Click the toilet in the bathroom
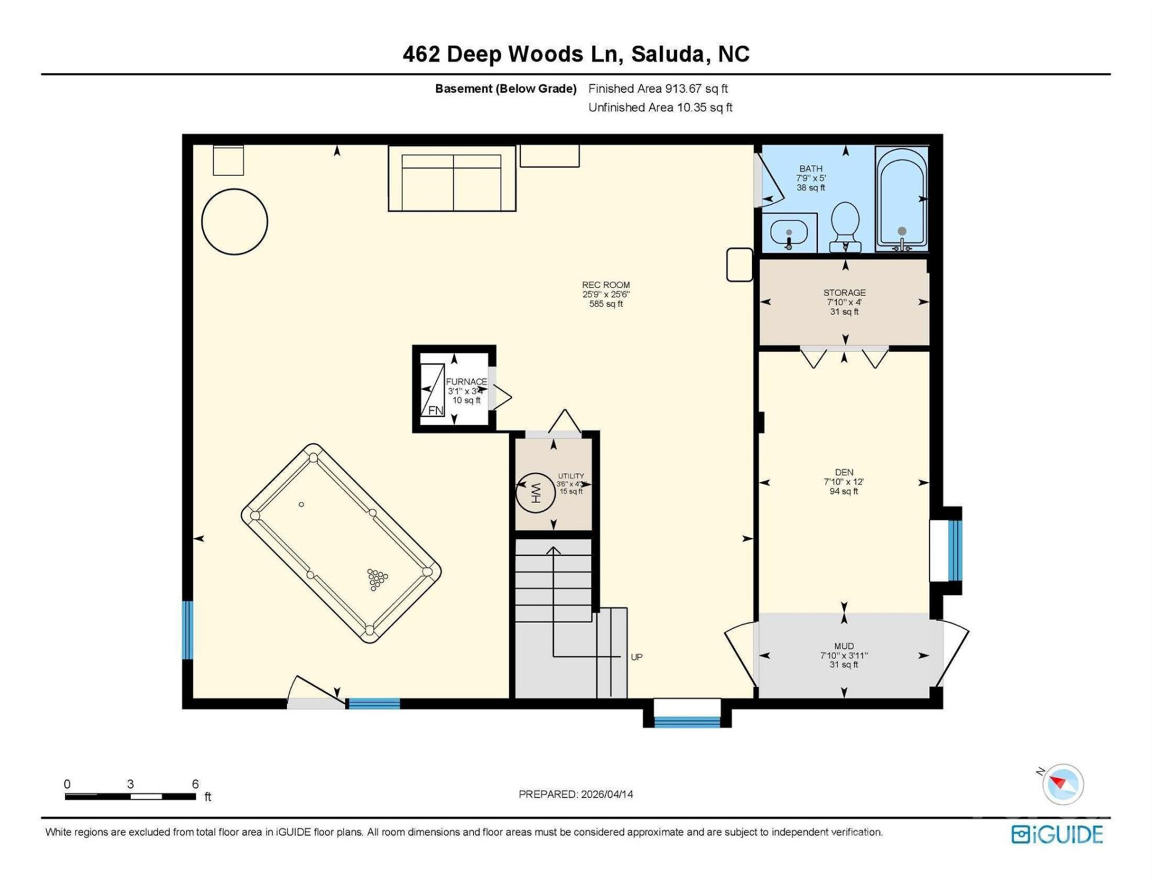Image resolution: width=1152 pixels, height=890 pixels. [845, 226]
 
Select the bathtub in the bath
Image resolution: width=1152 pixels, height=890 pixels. [902, 198]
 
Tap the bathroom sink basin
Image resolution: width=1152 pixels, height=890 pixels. [789, 233]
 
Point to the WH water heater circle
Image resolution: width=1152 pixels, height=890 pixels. [535, 493]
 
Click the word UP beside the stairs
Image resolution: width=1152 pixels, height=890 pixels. [637, 657]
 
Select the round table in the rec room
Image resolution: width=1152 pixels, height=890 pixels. [234, 221]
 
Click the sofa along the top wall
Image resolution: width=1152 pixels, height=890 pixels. [452, 179]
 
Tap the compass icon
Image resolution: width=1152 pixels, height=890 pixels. [1063, 784]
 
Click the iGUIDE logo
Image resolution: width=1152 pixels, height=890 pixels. [1057, 834]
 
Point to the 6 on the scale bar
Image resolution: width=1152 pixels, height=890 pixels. [195, 784]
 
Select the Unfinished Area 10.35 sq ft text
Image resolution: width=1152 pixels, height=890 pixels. [660, 108]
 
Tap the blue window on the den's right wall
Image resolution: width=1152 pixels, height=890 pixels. [955, 550]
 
